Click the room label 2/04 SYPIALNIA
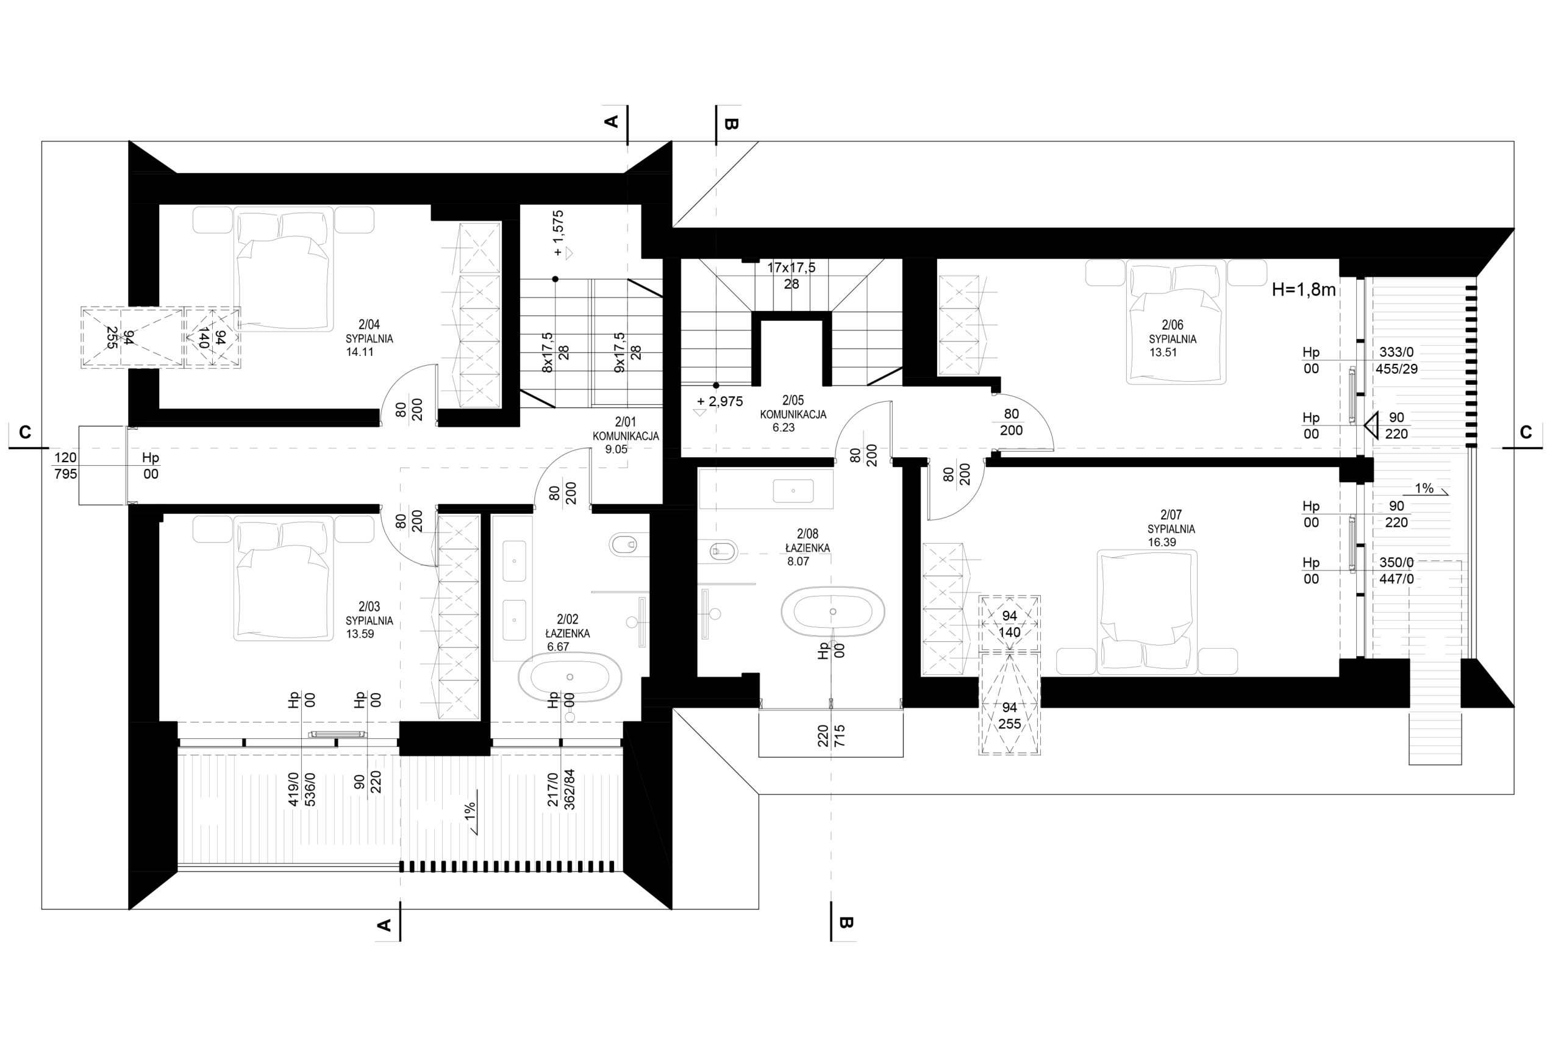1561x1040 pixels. (x=369, y=332)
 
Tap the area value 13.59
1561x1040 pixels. (x=360, y=633)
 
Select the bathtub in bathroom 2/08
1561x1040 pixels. (x=832, y=611)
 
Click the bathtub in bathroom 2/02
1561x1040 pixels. (x=570, y=677)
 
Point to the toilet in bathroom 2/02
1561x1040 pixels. (x=623, y=545)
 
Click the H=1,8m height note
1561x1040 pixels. (x=1304, y=290)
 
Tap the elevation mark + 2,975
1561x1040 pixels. (x=720, y=401)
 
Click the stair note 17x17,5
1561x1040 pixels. (x=791, y=268)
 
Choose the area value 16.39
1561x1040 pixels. (x=1162, y=543)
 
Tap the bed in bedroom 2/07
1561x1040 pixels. (x=1147, y=611)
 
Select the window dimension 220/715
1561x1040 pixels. (x=831, y=736)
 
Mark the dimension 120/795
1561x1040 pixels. (x=66, y=466)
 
